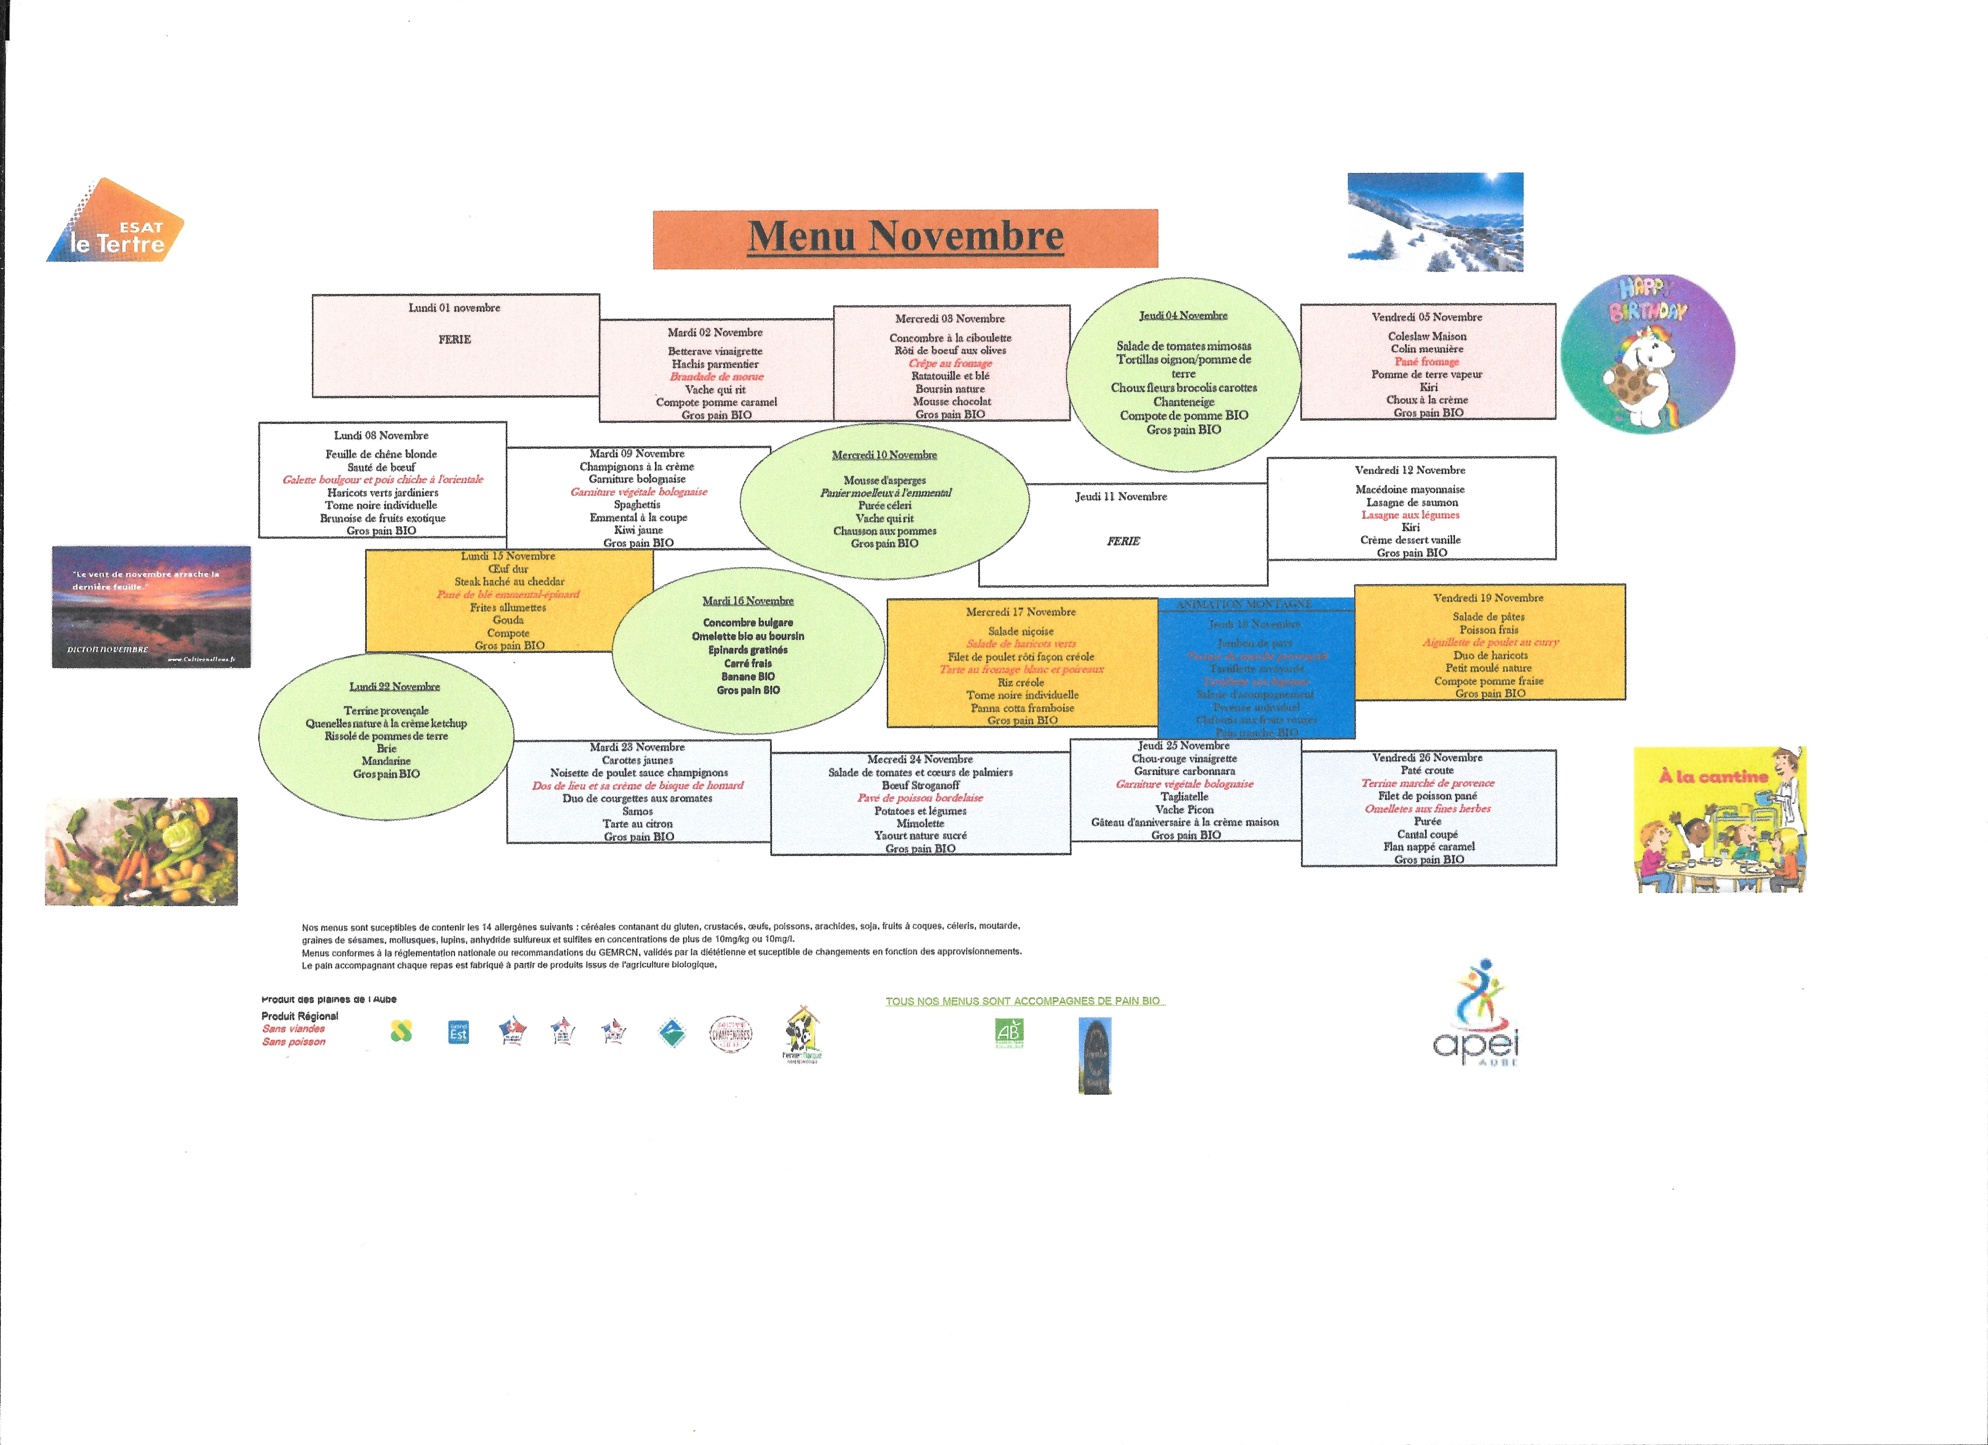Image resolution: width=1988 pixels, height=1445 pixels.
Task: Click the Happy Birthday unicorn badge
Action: click(1648, 353)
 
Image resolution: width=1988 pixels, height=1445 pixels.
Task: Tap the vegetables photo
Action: click(141, 851)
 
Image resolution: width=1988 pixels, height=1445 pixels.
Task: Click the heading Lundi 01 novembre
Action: click(454, 308)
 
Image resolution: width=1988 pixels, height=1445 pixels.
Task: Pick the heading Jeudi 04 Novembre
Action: click(1183, 315)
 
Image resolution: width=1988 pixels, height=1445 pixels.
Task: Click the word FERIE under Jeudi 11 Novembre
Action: click(1123, 541)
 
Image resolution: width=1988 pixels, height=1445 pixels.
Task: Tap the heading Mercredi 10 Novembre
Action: click(884, 455)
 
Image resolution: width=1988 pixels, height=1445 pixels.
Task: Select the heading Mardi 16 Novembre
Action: click(748, 601)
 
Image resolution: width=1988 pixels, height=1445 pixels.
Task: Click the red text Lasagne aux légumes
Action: click(1410, 515)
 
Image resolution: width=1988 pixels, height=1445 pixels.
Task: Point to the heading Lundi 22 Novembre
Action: click(395, 687)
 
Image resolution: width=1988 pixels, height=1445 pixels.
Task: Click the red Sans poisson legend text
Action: click(294, 1042)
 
